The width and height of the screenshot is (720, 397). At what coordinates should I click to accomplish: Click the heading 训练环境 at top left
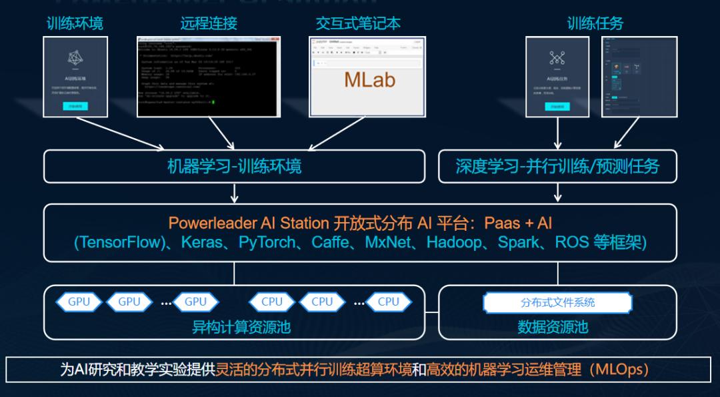75,23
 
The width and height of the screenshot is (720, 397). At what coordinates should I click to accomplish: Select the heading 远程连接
209,23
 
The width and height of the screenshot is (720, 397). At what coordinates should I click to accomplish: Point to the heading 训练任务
595,23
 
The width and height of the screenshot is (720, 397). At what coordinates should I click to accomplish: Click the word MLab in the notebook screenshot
369,79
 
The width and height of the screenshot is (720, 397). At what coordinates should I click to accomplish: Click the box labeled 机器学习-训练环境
234,165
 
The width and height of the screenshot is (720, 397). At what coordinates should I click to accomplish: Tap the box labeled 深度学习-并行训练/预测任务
557,165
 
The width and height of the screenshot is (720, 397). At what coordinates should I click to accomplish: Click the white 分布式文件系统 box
557,302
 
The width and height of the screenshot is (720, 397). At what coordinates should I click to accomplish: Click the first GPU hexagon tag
79,302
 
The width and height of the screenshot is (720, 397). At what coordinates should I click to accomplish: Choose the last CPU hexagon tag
388,302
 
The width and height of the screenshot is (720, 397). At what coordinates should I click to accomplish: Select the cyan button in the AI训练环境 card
75,105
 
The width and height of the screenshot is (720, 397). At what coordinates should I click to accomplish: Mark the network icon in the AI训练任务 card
557,58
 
